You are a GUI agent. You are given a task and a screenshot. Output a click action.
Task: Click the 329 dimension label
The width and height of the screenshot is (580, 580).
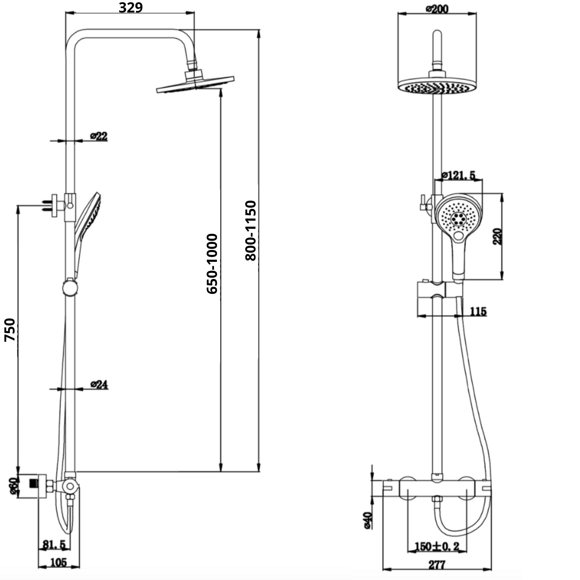click(x=130, y=8)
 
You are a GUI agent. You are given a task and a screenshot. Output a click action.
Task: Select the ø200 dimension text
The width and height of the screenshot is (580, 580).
click(x=437, y=9)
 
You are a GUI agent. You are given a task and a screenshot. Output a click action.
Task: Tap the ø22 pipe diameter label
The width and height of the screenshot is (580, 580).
click(x=99, y=136)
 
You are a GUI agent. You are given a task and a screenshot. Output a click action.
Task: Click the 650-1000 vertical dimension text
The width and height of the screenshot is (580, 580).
click(x=212, y=264)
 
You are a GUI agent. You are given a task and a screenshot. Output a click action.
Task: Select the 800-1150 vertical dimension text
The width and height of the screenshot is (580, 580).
click(x=251, y=231)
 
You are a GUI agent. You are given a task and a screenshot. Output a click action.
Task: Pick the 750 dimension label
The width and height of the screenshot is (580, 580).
click(x=10, y=330)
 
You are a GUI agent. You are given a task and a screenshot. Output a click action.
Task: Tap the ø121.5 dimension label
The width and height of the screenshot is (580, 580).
click(x=458, y=175)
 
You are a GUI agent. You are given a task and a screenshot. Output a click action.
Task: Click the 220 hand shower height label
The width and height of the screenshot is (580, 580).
click(x=497, y=237)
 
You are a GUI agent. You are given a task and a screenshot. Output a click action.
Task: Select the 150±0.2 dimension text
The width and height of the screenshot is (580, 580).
click(x=437, y=546)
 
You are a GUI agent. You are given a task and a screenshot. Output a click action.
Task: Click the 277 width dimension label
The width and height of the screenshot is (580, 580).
click(x=437, y=565)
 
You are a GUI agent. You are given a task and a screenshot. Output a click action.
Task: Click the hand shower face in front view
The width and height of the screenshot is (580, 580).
click(x=458, y=217)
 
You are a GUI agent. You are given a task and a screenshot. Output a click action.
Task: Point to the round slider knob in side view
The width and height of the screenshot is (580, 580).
click(x=70, y=287)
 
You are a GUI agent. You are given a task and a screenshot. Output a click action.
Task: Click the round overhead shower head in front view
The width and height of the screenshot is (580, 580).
click(x=437, y=86)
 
